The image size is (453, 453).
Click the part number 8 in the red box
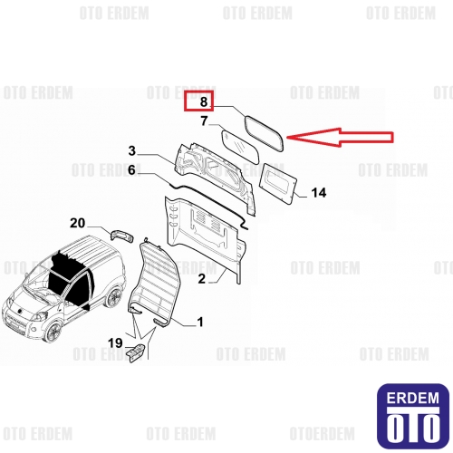[x=204, y=101]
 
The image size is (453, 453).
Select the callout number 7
[x=204, y=120]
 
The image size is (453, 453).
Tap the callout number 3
[x=132, y=150]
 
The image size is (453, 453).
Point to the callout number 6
[x=131, y=169]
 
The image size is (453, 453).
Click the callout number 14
[x=319, y=193]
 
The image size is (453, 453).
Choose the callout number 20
[x=77, y=223]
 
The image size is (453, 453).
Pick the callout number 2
[x=201, y=278]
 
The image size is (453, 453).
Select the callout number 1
[x=200, y=322]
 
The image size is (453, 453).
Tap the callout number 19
[x=115, y=343]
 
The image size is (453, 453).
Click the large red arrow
[x=340, y=138]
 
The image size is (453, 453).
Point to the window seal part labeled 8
[x=246, y=129]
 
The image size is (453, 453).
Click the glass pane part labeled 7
[x=241, y=147]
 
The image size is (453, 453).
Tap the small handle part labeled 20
[x=122, y=236]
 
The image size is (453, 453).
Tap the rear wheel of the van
[x=114, y=297]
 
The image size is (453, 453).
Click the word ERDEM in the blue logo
[x=413, y=398]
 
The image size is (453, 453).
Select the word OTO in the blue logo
[x=413, y=427]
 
